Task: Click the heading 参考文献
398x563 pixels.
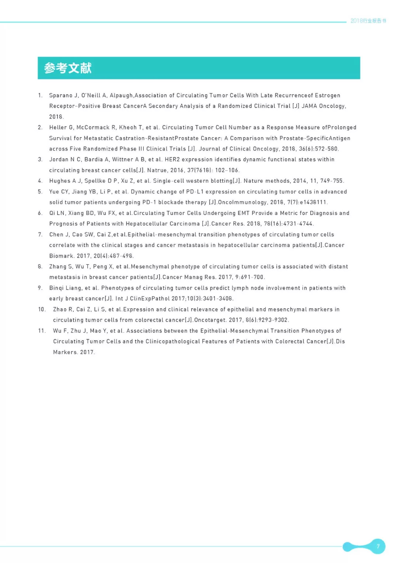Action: point(68,68)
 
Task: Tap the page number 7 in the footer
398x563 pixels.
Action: point(378,546)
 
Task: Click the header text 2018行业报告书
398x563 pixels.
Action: point(368,21)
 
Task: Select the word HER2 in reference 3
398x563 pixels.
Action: point(172,160)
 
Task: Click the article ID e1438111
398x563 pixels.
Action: point(313,202)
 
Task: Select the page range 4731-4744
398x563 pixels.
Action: point(298,224)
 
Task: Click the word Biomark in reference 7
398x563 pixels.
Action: point(61,256)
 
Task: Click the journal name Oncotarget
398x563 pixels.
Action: point(210,320)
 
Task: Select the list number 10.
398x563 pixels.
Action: point(42,309)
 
